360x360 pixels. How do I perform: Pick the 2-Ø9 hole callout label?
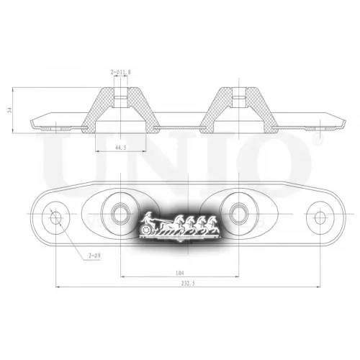coord(94,256)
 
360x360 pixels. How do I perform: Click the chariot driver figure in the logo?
coord(149,219)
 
